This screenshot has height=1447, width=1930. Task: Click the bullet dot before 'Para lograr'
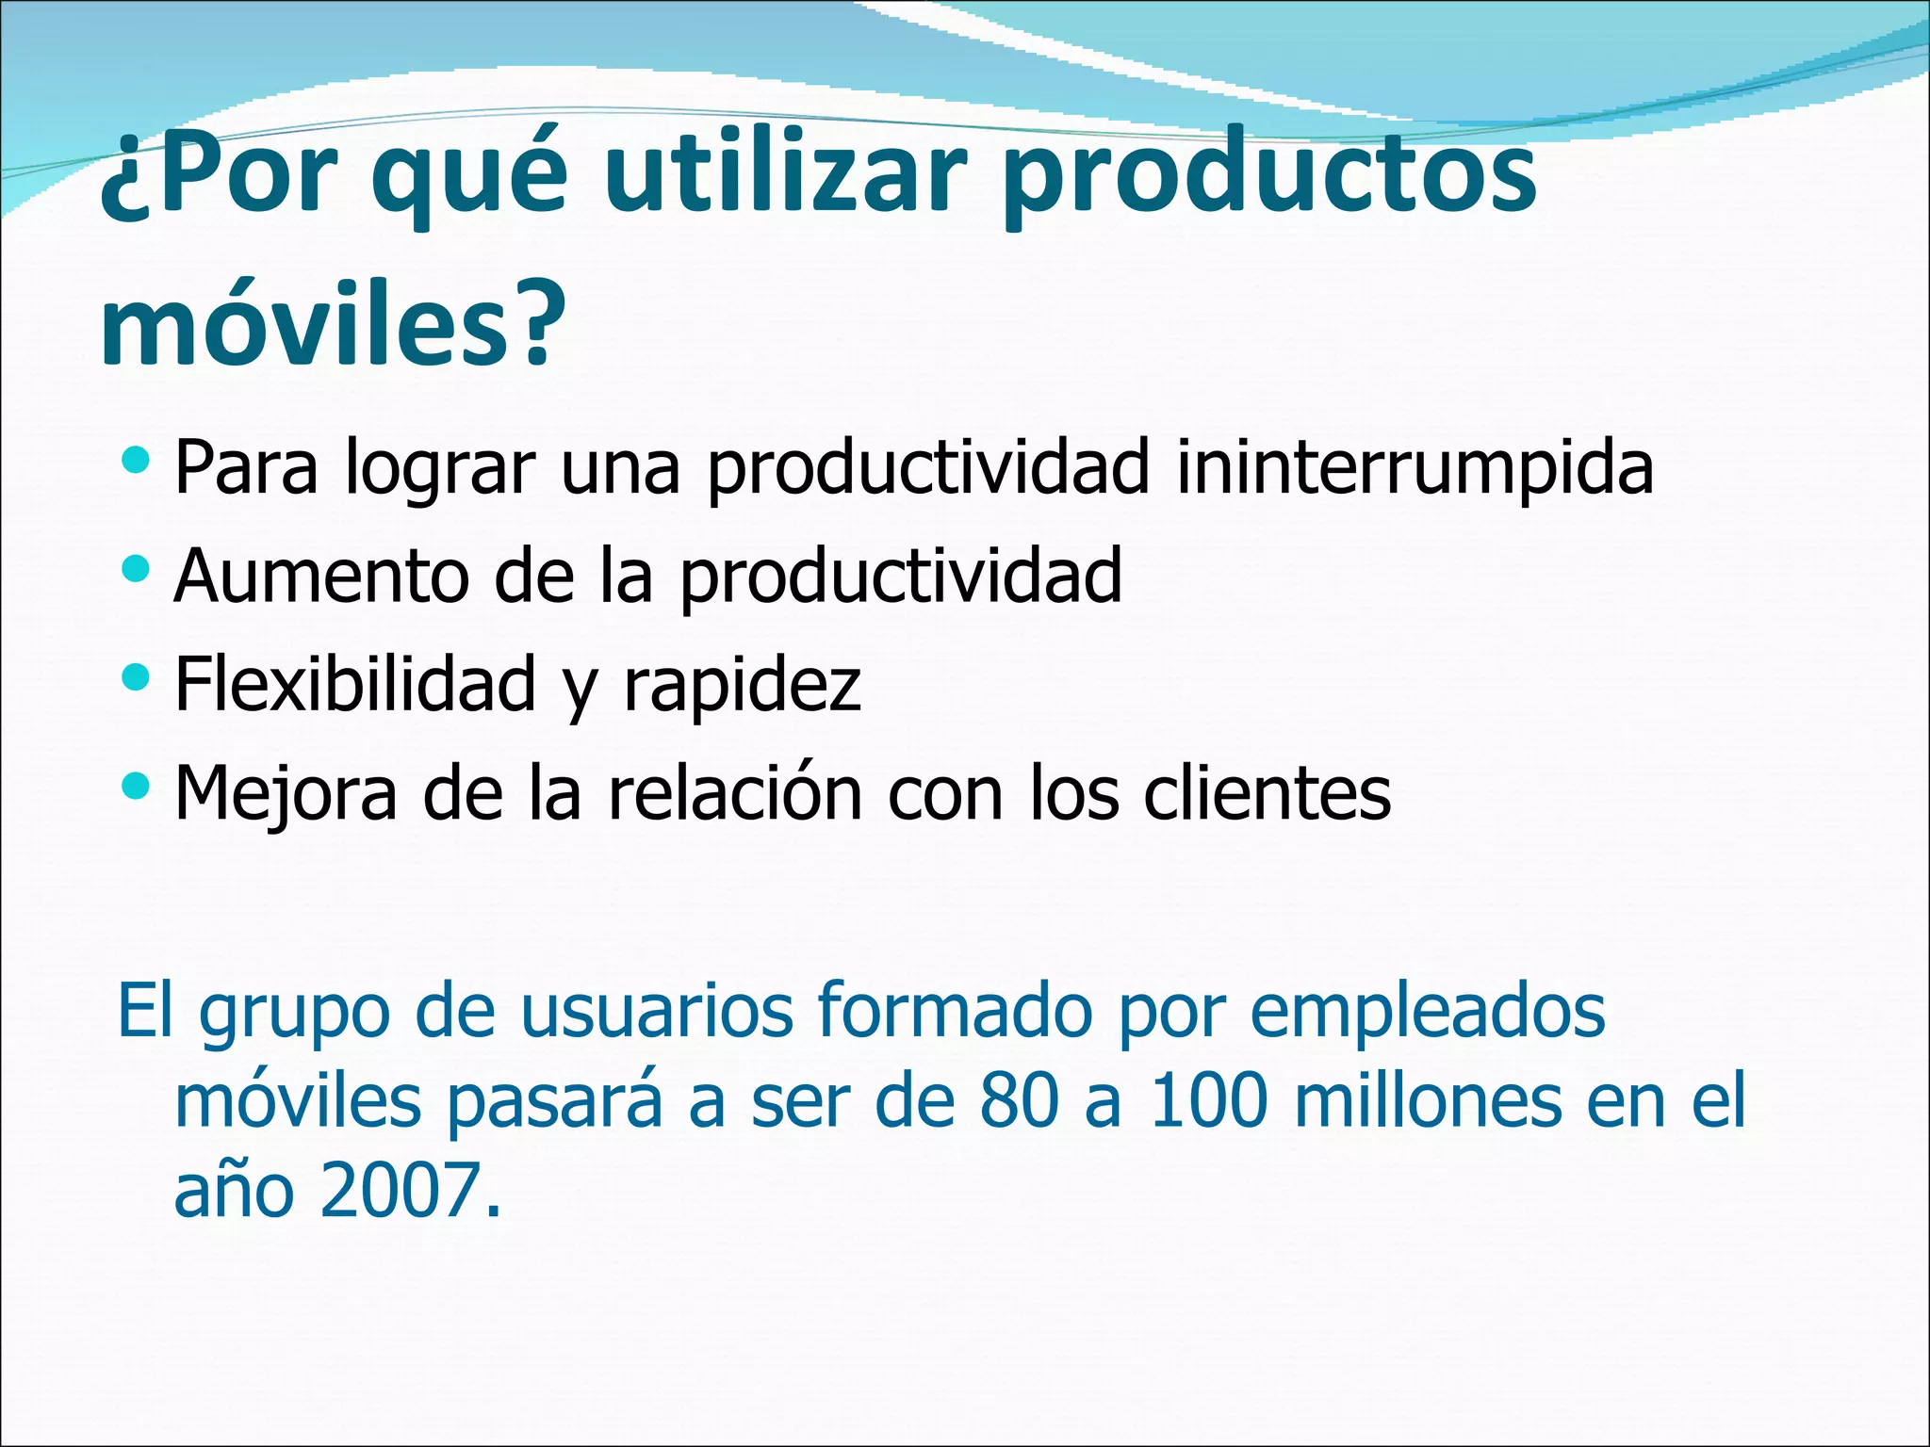136,462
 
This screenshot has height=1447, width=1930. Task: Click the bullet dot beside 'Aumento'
136,569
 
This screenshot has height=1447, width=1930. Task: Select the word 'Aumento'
321,576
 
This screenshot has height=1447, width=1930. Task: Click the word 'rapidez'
743,686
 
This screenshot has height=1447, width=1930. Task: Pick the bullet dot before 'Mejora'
136,784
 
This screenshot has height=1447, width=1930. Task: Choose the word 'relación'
736,792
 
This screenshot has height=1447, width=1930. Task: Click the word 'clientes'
1268,792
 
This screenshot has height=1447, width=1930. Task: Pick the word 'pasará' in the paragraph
555,1102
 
